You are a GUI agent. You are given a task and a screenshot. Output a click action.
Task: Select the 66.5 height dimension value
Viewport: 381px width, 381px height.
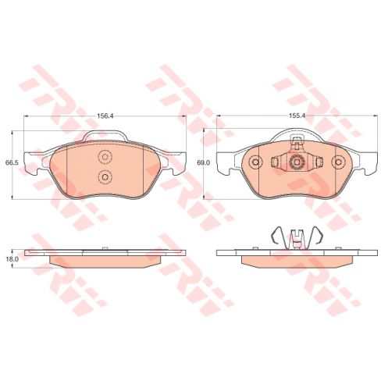click(x=11, y=162)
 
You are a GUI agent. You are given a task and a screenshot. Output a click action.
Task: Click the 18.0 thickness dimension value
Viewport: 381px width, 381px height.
click(x=11, y=257)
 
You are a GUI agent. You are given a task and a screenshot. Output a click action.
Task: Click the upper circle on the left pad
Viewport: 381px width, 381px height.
click(x=105, y=156)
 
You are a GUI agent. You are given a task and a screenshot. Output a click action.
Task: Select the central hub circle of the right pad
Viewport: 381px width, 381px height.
click(x=296, y=162)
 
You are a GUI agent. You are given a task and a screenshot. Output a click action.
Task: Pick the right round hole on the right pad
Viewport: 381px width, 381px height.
click(x=338, y=162)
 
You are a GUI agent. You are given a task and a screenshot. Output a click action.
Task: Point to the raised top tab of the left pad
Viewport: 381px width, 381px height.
click(x=105, y=139)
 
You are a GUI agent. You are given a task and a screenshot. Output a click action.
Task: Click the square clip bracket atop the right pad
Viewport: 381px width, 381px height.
click(x=296, y=143)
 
